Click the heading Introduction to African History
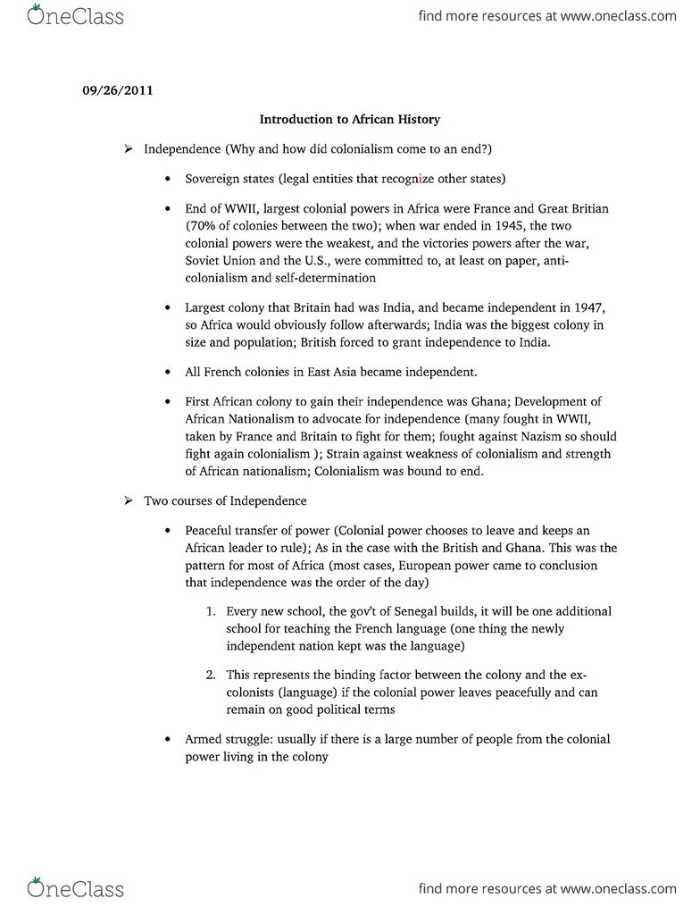pyautogui.click(x=350, y=119)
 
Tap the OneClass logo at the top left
pyautogui.click(x=76, y=15)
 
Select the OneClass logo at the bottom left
pyautogui.click(x=76, y=887)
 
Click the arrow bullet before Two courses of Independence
pyautogui.click(x=129, y=500)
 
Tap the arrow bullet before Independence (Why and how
pyautogui.click(x=129, y=148)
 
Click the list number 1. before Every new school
pyautogui.click(x=211, y=611)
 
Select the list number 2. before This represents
pyautogui.click(x=211, y=676)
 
